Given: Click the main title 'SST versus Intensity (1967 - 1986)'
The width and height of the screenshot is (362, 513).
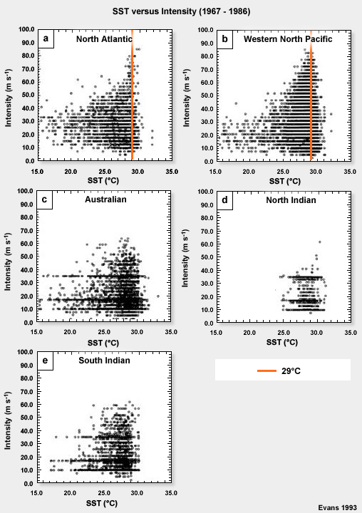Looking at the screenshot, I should (x=181, y=11).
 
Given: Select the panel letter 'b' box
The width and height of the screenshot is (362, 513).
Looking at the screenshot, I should (x=225, y=39).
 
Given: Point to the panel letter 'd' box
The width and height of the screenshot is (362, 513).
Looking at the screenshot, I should (x=225, y=200).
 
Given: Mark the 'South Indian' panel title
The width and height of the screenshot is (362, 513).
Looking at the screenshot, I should (x=104, y=361).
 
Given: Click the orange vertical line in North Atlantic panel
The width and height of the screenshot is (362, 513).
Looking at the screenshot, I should (x=133, y=93).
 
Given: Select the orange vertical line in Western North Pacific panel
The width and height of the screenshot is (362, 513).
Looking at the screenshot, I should (x=311, y=93).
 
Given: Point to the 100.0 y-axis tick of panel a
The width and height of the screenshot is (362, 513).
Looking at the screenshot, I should (x=26, y=30).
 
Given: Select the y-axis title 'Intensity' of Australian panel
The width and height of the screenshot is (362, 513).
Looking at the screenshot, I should (x=7, y=256).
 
